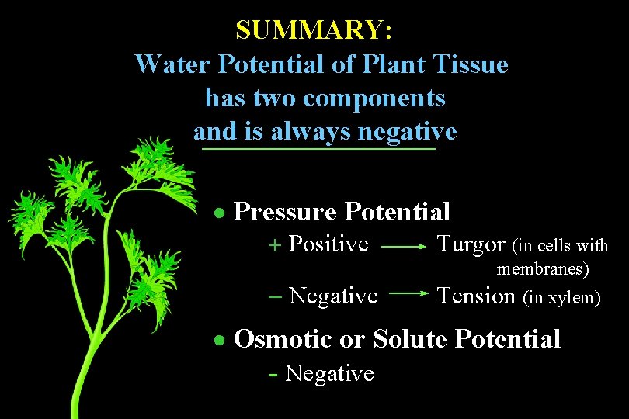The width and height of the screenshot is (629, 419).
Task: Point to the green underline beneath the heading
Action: point(317,148)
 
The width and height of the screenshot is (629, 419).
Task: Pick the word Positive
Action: point(328,244)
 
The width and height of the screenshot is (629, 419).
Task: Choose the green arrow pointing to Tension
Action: point(408,295)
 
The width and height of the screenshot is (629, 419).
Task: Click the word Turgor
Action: point(471,244)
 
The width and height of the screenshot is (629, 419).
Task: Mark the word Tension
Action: point(476,296)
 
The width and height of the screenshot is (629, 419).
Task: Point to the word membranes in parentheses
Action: point(543,269)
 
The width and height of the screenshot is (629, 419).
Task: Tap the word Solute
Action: point(411,339)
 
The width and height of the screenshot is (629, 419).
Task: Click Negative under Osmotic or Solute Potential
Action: point(329,374)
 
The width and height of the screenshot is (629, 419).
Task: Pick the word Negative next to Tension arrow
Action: point(333,296)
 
